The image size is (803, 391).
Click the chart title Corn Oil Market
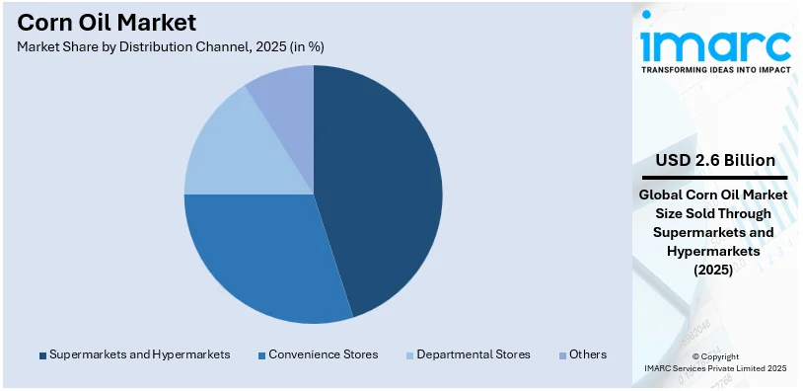click(107, 22)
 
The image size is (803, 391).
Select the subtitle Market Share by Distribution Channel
click(171, 46)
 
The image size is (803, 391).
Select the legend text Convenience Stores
click(323, 354)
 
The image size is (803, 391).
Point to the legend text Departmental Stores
click(474, 354)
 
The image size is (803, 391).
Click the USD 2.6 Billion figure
click(716, 160)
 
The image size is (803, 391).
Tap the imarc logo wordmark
click(715, 43)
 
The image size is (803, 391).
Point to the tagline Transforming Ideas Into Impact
click(715, 70)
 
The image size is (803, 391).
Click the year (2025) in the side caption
click(716, 270)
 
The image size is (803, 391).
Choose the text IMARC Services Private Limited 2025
click(716, 367)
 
